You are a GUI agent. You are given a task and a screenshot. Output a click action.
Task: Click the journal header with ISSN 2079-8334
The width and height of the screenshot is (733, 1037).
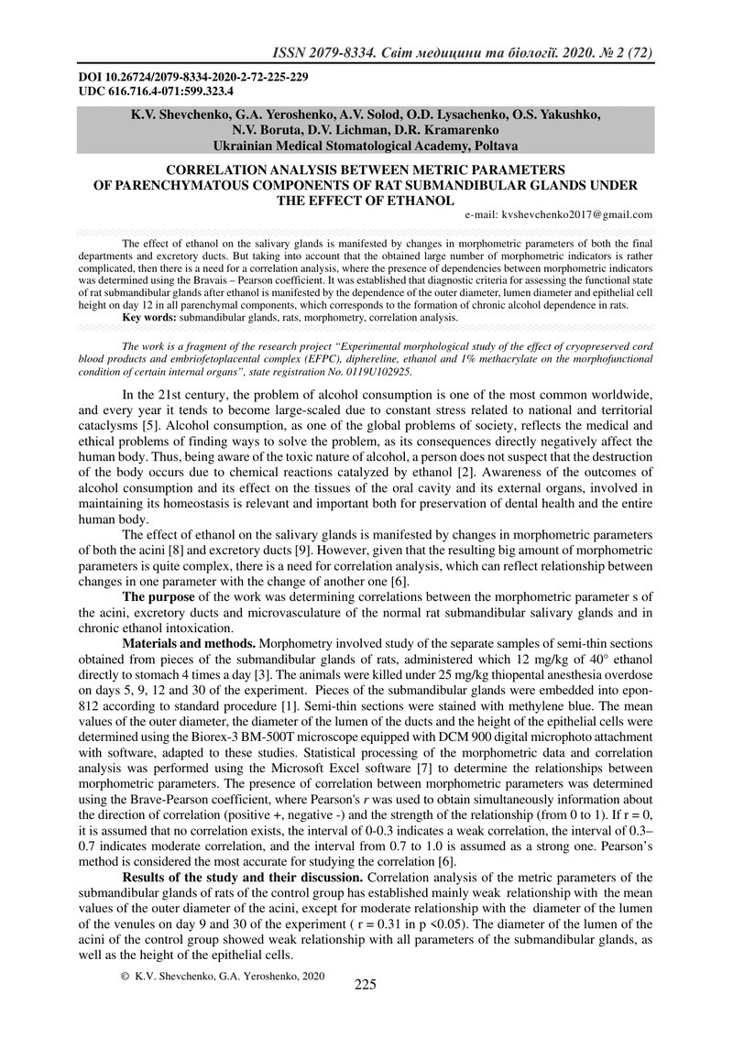[x=456, y=53]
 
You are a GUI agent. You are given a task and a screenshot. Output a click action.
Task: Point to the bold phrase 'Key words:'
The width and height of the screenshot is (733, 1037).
[x=149, y=317]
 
